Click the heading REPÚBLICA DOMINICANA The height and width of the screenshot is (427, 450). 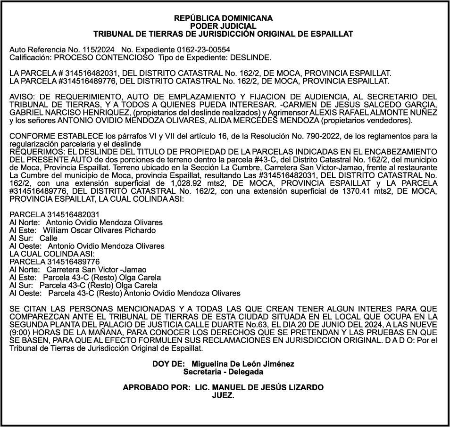pyautogui.click(x=223, y=18)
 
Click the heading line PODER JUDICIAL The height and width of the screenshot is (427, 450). pyautogui.click(x=223, y=26)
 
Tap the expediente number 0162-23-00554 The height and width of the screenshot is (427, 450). pyautogui.click(x=203, y=49)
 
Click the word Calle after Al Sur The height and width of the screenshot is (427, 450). pyautogui.click(x=49, y=238)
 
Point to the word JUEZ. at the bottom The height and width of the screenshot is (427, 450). pyautogui.click(x=223, y=395)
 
